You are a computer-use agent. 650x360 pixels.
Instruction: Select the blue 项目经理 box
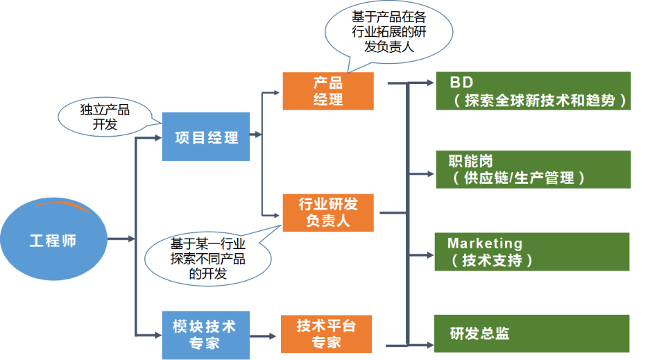[205, 137]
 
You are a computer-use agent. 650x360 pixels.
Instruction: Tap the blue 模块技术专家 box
[205, 334]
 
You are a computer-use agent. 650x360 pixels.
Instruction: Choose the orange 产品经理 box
[327, 90]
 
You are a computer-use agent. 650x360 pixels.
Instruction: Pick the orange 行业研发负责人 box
[327, 212]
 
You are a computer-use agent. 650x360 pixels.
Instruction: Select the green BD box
[532, 90]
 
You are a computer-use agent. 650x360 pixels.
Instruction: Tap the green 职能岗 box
[532, 169]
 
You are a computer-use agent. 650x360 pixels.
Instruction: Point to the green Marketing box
[532, 251]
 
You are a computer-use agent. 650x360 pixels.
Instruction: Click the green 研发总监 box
[532, 333]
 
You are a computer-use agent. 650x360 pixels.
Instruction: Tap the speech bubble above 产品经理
[388, 32]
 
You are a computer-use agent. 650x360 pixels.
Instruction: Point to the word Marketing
[485, 243]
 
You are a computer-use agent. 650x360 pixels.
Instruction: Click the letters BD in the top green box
[461, 83]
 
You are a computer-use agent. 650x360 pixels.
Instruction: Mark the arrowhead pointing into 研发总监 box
[429, 343]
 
